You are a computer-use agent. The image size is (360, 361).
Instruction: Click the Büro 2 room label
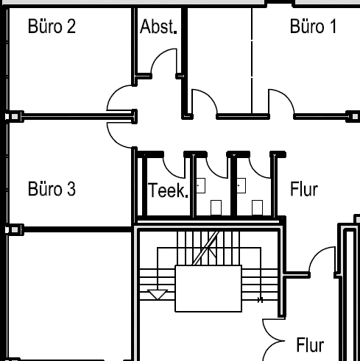pos(52,28)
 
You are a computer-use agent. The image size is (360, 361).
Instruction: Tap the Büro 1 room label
pos(313,28)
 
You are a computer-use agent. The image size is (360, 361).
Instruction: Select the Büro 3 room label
pos(52,189)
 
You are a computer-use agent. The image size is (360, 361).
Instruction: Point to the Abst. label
pos(158,29)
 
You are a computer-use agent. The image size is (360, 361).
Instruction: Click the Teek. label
pos(169,190)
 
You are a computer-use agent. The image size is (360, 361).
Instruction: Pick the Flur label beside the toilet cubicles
pos(304,189)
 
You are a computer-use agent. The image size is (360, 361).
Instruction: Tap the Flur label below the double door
pos(310,344)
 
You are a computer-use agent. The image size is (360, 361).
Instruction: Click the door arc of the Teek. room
pos(172,166)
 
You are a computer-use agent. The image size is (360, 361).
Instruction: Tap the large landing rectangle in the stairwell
pos(208,288)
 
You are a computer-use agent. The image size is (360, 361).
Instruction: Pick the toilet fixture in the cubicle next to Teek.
pos(216,206)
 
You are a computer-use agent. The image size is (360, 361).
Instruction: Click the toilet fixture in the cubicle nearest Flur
pos(259,206)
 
